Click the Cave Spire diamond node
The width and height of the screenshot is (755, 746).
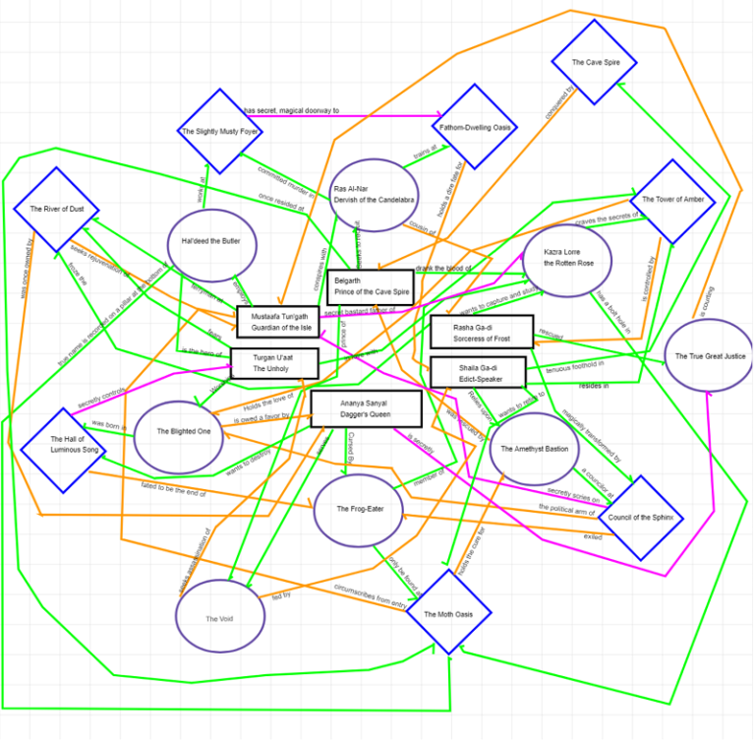coord(595,62)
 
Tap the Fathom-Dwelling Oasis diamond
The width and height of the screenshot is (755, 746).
coord(475,127)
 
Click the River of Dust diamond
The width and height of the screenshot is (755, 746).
coord(56,209)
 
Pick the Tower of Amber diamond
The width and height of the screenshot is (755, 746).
coord(672,200)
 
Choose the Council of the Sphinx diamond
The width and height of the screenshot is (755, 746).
coord(641,518)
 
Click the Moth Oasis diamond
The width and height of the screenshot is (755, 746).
coord(449,612)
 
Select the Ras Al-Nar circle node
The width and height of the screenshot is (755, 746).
coord(374,194)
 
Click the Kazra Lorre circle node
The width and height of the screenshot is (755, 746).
coord(567,259)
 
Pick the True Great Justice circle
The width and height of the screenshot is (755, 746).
coord(709,355)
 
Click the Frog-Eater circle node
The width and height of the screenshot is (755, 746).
coord(358,509)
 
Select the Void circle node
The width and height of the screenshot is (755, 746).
coord(220,617)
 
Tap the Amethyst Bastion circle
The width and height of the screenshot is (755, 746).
coord(534,449)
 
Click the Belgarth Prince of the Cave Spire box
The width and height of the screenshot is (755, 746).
coord(371,286)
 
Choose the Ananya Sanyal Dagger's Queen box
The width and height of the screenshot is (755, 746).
coord(366,408)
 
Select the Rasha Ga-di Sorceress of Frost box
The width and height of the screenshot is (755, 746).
coord(482,332)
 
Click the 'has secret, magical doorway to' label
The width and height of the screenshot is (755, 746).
coord(291,111)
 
